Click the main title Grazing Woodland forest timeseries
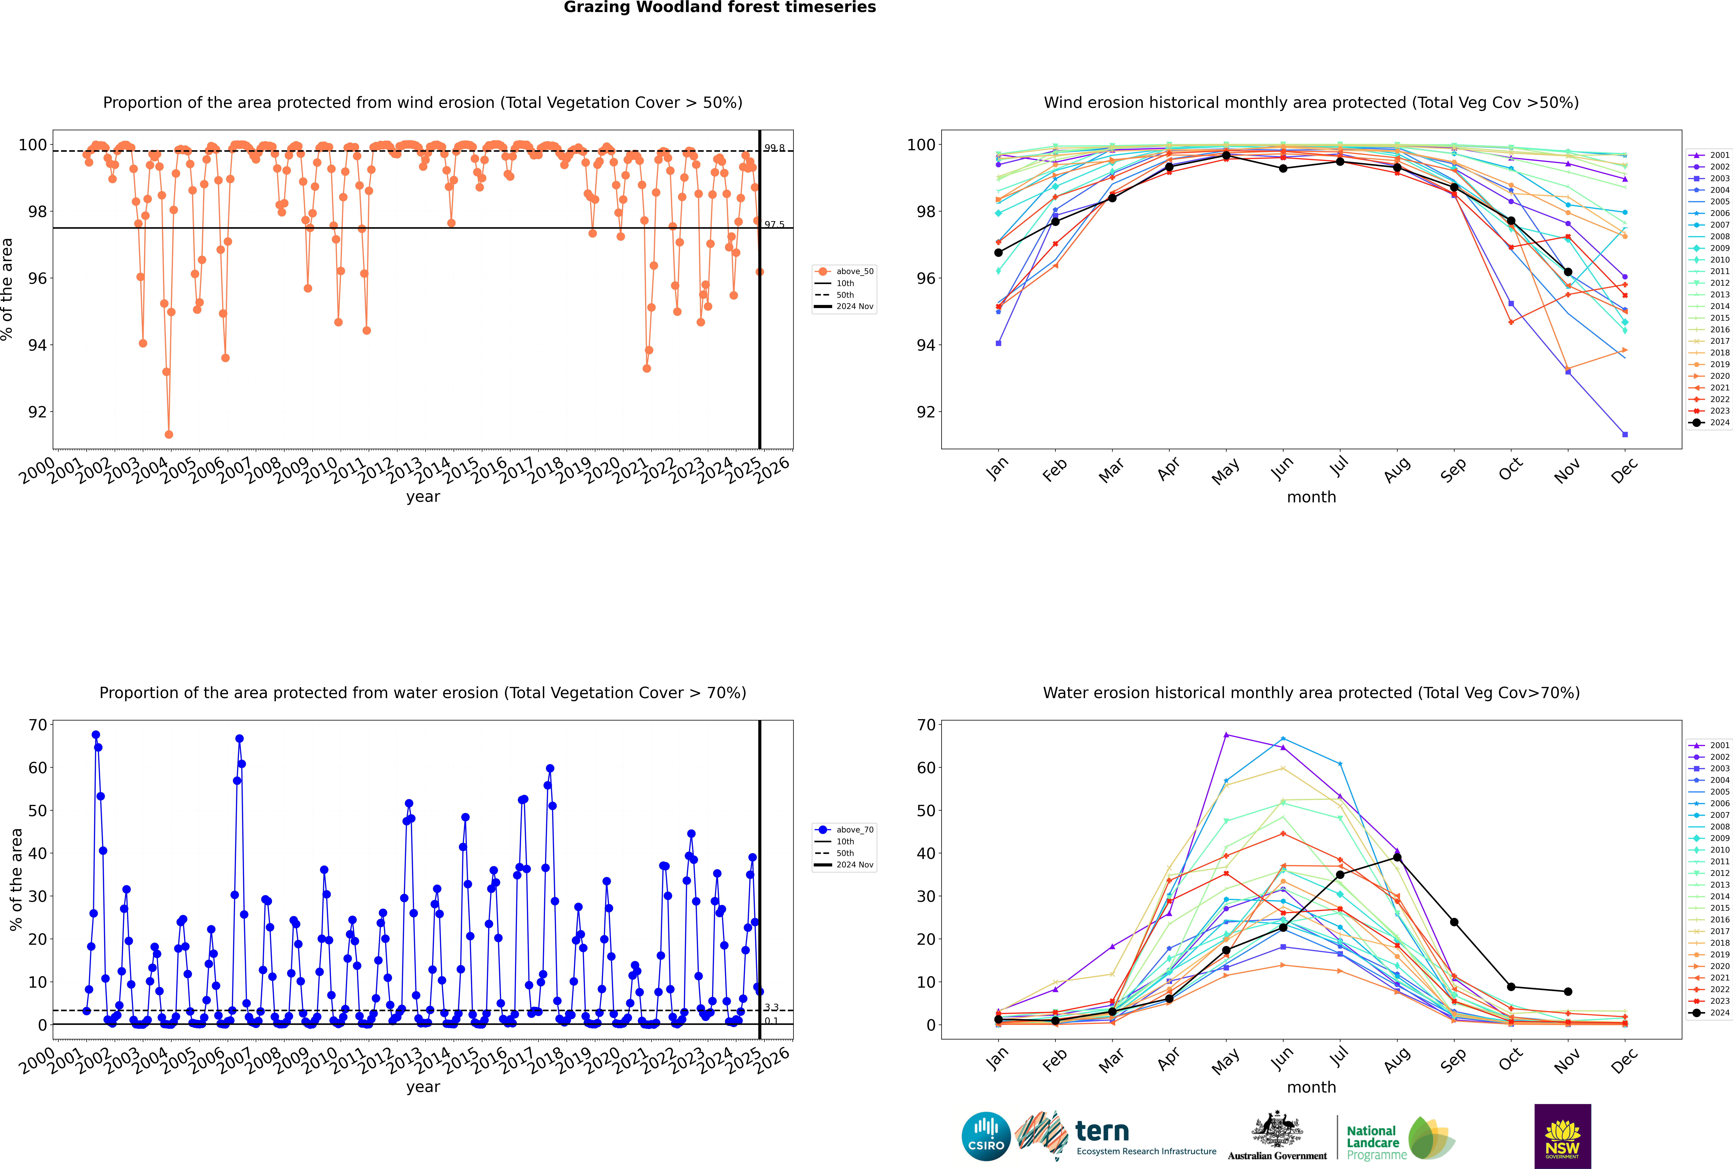720,7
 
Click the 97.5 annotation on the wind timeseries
774,224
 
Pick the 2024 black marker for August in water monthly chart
1397,857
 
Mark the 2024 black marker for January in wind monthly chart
998,253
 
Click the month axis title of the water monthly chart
1311,1087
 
